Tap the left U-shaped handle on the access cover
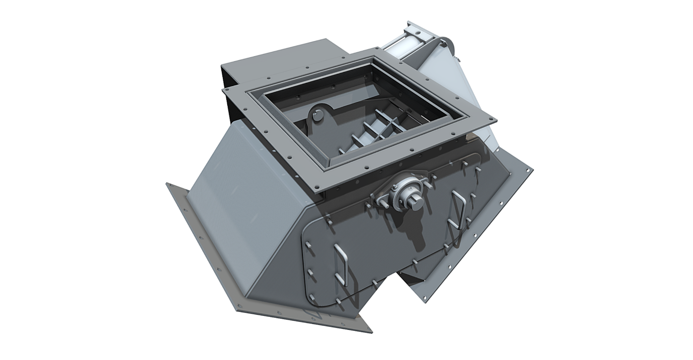(341, 265)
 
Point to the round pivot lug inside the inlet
(319, 116)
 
